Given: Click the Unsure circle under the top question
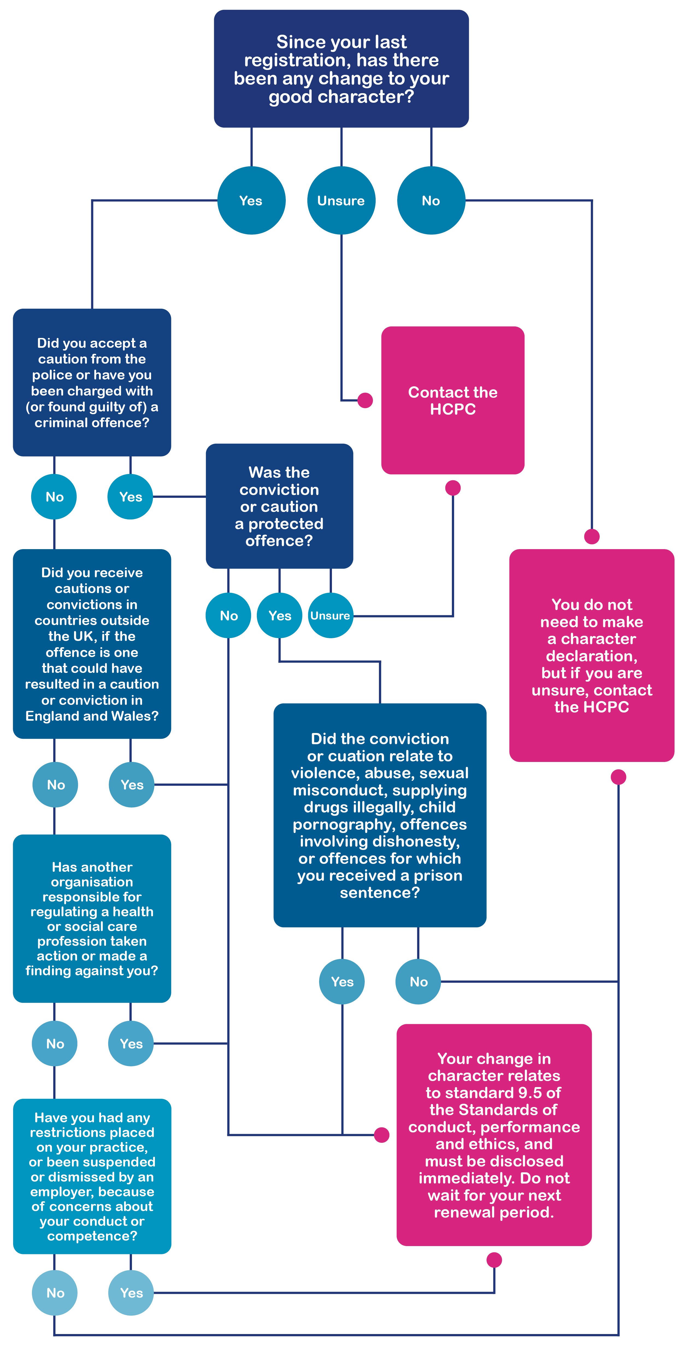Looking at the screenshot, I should click(x=341, y=201).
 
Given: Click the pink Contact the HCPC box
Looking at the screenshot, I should click(x=452, y=400).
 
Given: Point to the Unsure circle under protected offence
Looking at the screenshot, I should click(x=330, y=616).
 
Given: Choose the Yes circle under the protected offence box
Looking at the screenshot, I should click(x=279, y=616).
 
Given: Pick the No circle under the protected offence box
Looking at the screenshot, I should click(x=229, y=616).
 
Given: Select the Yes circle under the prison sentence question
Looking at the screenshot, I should click(x=342, y=982).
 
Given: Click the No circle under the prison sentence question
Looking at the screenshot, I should click(x=418, y=982).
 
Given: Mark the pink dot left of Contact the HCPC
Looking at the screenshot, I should click(x=365, y=400).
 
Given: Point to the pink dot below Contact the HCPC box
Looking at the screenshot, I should click(x=452, y=488).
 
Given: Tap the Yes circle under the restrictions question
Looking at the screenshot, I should click(x=131, y=1293).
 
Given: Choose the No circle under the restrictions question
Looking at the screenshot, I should click(x=55, y=1293).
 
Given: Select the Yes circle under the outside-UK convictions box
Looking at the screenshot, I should click(x=131, y=785).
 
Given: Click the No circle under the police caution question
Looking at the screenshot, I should click(x=54, y=497).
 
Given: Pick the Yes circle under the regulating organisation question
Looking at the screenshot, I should click(x=131, y=1044).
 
